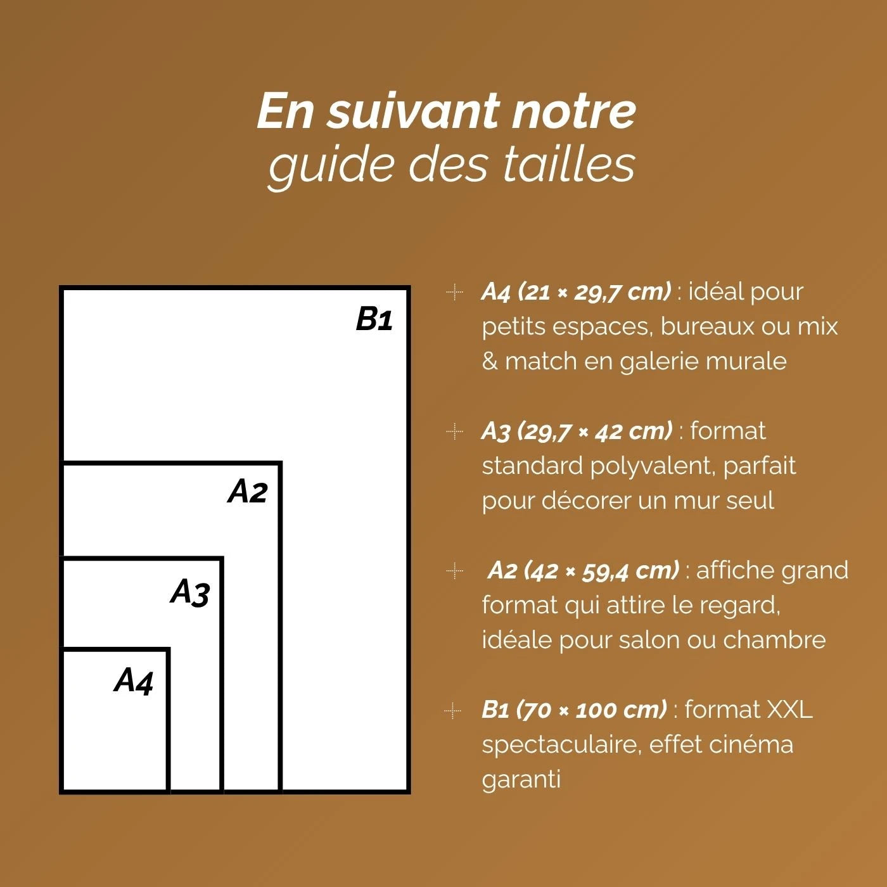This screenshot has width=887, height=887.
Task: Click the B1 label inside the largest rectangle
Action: point(374,319)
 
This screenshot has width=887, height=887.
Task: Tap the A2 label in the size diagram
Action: point(248,491)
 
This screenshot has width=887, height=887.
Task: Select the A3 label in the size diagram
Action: point(190,592)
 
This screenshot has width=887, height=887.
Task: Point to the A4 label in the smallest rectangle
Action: point(134,680)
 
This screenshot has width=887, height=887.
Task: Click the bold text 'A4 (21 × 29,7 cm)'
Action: point(575,291)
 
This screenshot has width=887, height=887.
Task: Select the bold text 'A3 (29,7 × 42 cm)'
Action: point(577,431)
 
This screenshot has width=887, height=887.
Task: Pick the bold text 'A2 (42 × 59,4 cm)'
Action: point(583,570)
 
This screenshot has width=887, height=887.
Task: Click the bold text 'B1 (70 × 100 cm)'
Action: point(574,709)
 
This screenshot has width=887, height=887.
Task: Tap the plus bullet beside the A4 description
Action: point(454,292)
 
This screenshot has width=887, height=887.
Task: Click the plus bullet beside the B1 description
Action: point(452,710)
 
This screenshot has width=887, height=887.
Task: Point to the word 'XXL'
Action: point(789,709)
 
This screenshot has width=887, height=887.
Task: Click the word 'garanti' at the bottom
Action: point(521,779)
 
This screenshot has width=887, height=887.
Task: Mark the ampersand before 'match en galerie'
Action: point(490,361)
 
